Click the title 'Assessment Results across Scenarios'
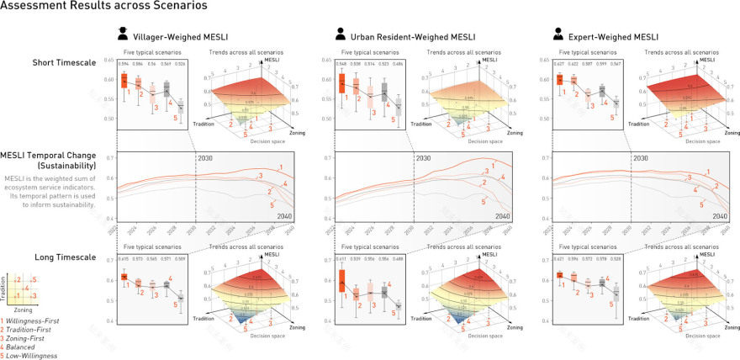click(104, 7)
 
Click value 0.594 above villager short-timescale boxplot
click(124, 64)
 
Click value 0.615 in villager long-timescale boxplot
click(124, 259)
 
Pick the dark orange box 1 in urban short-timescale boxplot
click(341, 83)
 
